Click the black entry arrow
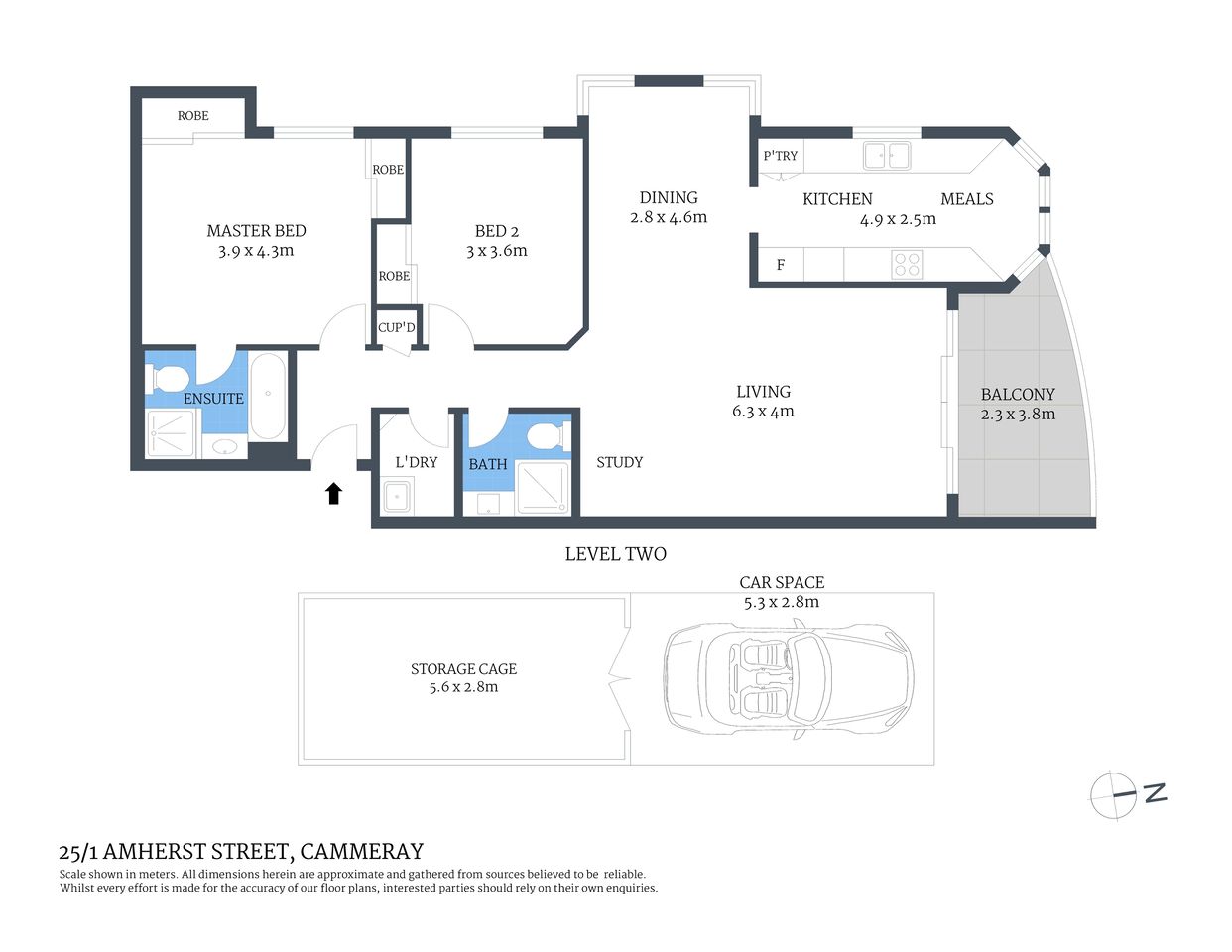click(x=333, y=493)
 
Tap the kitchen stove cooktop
click(x=907, y=264)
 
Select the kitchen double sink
click(x=886, y=155)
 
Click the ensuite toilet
click(x=168, y=378)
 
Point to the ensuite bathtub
click(x=268, y=396)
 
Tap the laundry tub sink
click(x=398, y=495)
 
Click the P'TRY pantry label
click(x=780, y=156)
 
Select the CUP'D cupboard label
click(x=397, y=327)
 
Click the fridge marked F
click(x=781, y=265)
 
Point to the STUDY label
click(x=619, y=462)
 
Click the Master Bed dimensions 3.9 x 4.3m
click(x=256, y=251)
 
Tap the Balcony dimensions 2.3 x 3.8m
click(x=1018, y=415)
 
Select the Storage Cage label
click(x=463, y=669)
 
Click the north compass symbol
click(x=1115, y=794)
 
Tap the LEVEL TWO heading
click(x=615, y=554)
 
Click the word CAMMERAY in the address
click(x=361, y=851)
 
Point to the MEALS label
click(x=966, y=199)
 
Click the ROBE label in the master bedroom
click(x=193, y=116)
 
